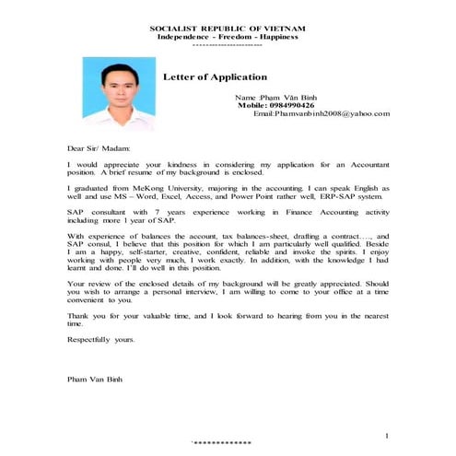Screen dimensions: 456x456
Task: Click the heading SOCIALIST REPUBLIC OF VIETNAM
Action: (x=228, y=29)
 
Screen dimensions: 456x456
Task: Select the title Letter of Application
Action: (x=215, y=76)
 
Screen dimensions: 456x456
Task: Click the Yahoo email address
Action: (x=321, y=113)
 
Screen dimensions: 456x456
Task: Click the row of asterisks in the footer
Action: (x=221, y=445)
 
